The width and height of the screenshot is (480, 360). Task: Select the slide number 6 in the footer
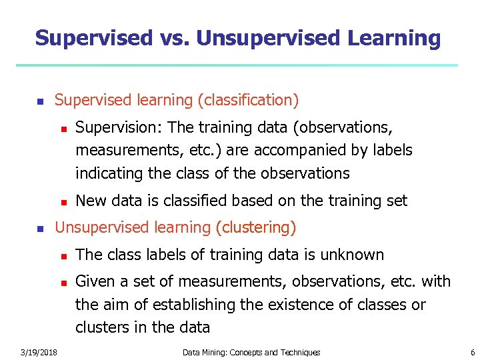[472, 352]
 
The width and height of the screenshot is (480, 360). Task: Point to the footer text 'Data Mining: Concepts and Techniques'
[251, 352]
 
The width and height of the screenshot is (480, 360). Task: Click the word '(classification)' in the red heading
[248, 101]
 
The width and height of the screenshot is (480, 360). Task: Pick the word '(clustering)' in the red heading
[256, 227]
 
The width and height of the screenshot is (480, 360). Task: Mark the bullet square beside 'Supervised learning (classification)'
[40, 102]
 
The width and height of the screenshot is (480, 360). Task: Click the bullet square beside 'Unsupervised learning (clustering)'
[40, 229]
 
